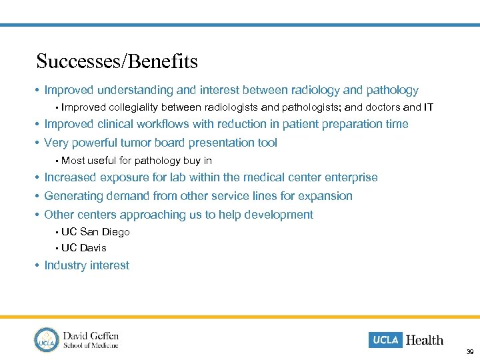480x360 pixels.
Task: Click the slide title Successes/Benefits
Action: point(117,62)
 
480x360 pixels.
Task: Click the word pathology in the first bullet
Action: point(393,91)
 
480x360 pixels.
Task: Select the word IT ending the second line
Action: point(428,107)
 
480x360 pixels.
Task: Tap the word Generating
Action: point(71,196)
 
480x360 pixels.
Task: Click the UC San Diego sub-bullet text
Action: point(95,232)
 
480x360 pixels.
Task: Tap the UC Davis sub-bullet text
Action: point(84,248)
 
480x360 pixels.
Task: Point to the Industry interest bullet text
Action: point(87,265)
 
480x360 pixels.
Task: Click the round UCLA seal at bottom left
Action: point(47,339)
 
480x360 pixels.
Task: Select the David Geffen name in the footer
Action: point(91,335)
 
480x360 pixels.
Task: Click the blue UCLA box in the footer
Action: point(385,340)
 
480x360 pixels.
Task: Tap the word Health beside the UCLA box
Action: point(425,340)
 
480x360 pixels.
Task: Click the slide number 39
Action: point(470,351)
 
